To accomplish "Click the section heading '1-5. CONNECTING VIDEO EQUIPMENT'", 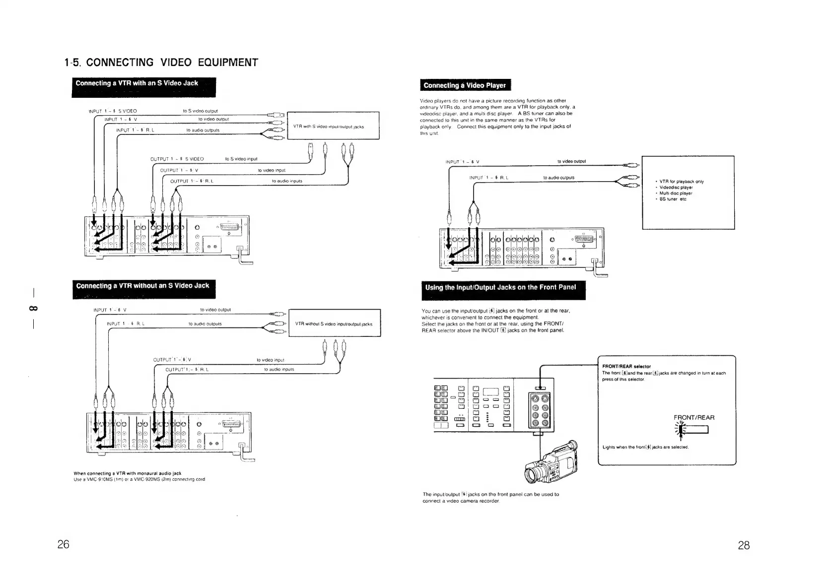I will point(161,63).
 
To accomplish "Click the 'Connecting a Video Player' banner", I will point(465,85).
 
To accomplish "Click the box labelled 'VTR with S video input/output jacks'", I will point(333,126).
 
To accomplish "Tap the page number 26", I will point(63,544).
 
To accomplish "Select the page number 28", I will point(744,546).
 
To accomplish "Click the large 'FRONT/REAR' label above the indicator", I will point(694,417).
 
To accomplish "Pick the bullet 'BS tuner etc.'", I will point(673,199).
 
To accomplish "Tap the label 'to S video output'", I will point(201,111).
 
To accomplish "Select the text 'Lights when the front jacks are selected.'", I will point(645,447).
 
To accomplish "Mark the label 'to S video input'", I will point(241,159).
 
